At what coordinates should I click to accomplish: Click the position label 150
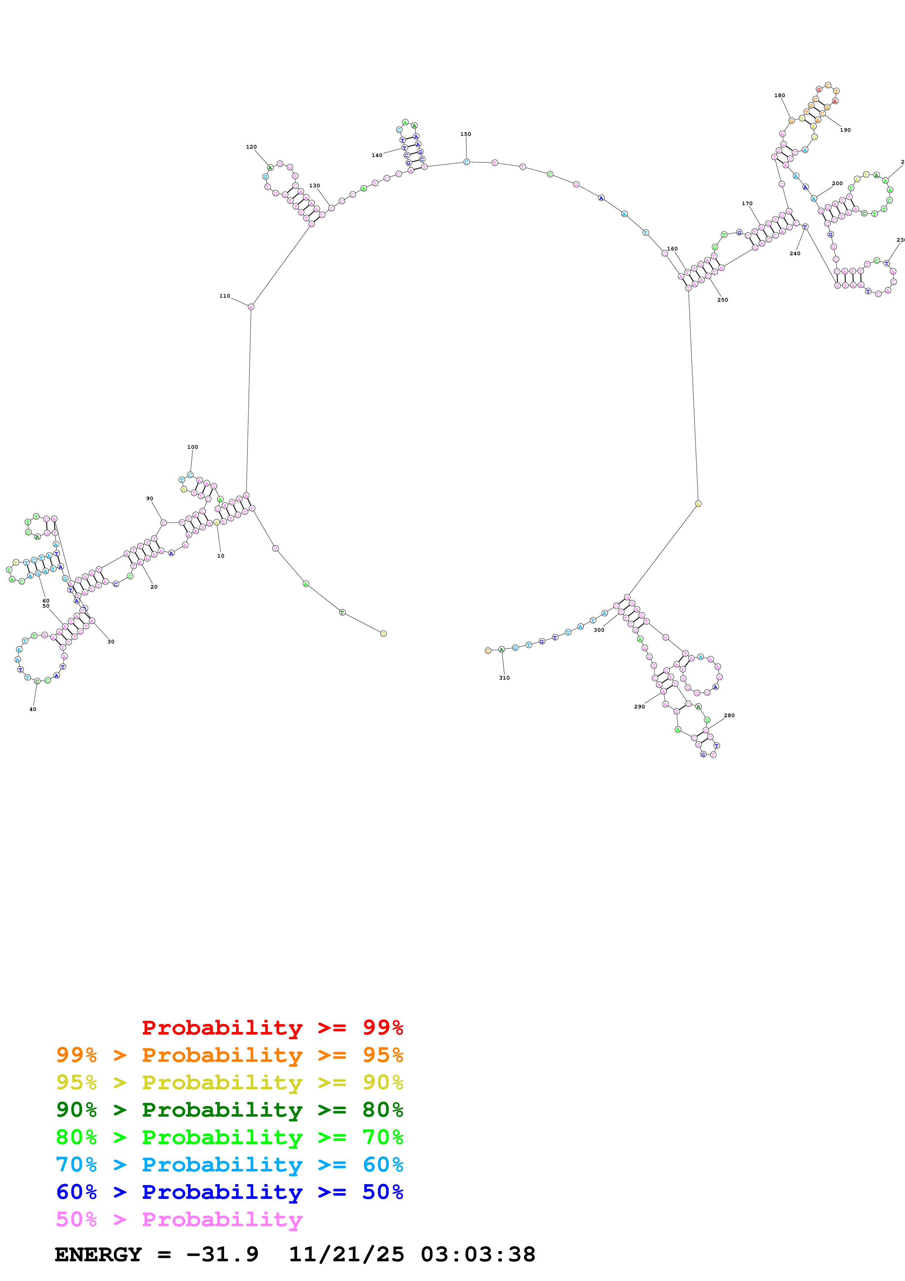coord(465,134)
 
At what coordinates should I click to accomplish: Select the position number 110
coord(225,296)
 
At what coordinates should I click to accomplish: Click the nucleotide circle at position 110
coord(251,307)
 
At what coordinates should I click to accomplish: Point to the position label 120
coord(252,147)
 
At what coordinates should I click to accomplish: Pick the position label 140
coord(377,156)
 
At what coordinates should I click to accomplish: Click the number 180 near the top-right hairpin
coord(779,95)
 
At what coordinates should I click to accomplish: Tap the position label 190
coord(845,130)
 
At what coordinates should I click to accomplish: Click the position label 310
coord(504,678)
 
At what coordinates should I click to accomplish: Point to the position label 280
coord(729,715)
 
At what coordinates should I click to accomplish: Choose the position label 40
coord(33,709)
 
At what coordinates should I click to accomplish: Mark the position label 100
coord(192,447)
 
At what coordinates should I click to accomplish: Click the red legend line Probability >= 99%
coord(272,1028)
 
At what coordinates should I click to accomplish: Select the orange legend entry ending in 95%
coord(229,1055)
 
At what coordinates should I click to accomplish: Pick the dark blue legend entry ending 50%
coord(229,1192)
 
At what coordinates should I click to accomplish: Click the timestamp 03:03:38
coord(478,1255)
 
